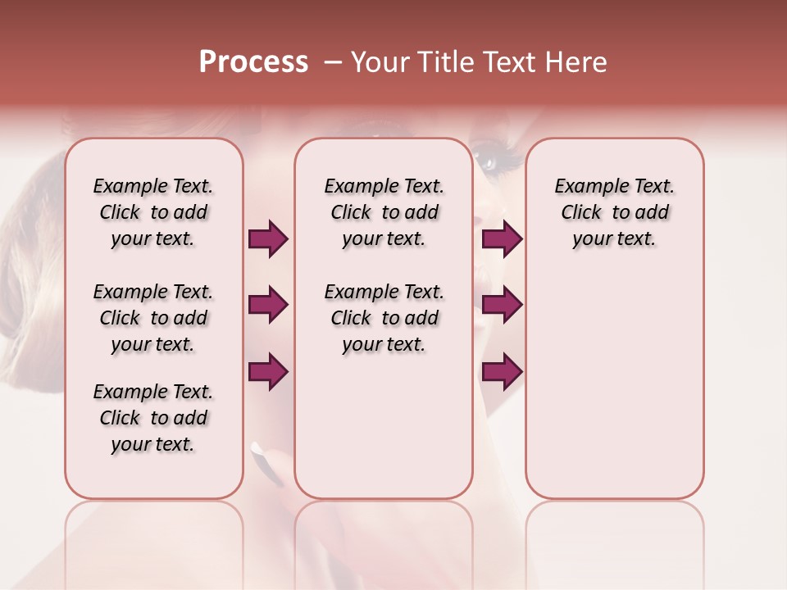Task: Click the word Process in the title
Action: point(253,62)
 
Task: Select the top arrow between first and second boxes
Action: point(268,239)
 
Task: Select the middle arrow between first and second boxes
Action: point(268,306)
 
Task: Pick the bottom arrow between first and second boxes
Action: point(268,371)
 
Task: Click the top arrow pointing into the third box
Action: point(502,239)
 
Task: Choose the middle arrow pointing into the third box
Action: point(502,306)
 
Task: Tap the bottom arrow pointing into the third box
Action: point(502,371)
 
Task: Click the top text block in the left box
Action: point(153,212)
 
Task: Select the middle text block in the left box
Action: point(153,318)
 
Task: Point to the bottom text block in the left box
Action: point(153,418)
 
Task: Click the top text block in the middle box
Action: point(384,212)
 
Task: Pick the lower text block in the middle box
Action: point(384,318)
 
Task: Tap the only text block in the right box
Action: point(614,212)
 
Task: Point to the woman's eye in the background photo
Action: point(493,157)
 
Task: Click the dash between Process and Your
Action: point(333,63)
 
